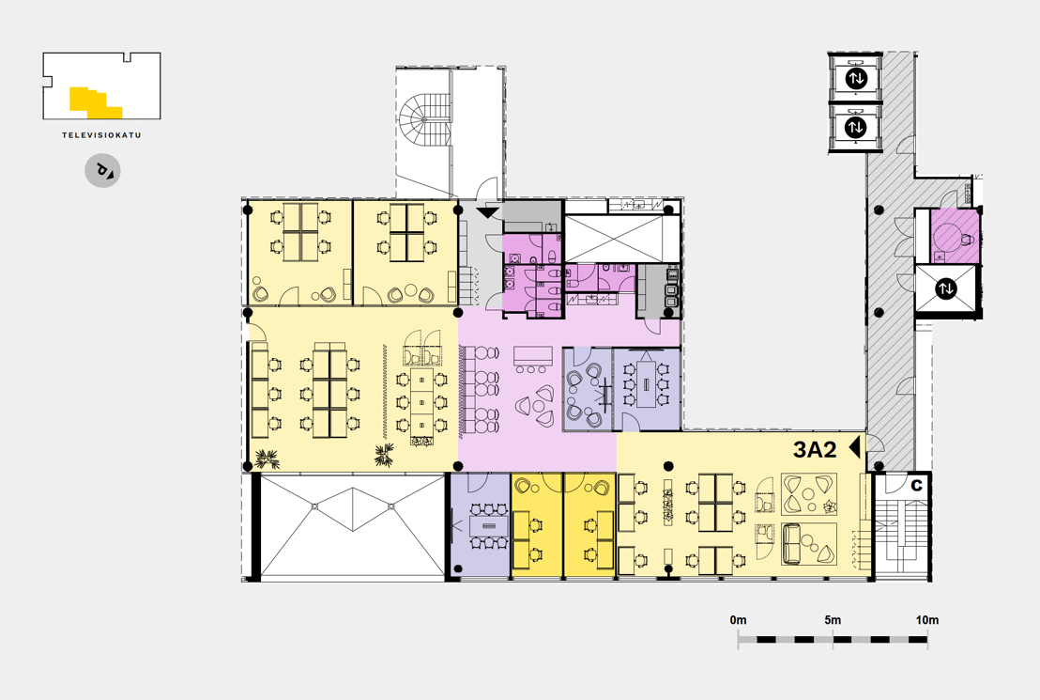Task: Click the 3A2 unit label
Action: click(815, 449)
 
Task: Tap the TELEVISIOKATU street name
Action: click(101, 134)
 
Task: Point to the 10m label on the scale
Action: click(927, 619)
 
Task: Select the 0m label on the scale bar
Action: click(738, 619)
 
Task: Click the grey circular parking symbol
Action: click(103, 171)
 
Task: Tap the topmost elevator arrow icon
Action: click(856, 78)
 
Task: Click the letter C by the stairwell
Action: click(917, 485)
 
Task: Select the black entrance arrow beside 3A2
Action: click(854, 447)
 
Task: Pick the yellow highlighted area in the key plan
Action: click(95, 103)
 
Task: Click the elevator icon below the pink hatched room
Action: click(945, 288)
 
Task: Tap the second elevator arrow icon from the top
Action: click(856, 126)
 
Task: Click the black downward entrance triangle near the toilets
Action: click(487, 212)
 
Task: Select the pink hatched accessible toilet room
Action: click(955, 235)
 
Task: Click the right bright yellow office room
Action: click(589, 524)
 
